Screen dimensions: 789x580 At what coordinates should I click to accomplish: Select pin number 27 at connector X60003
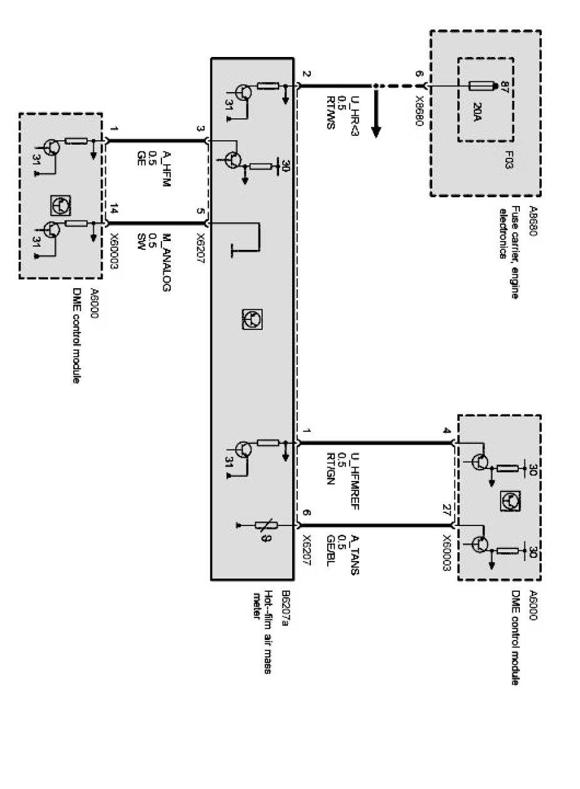[x=446, y=508]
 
